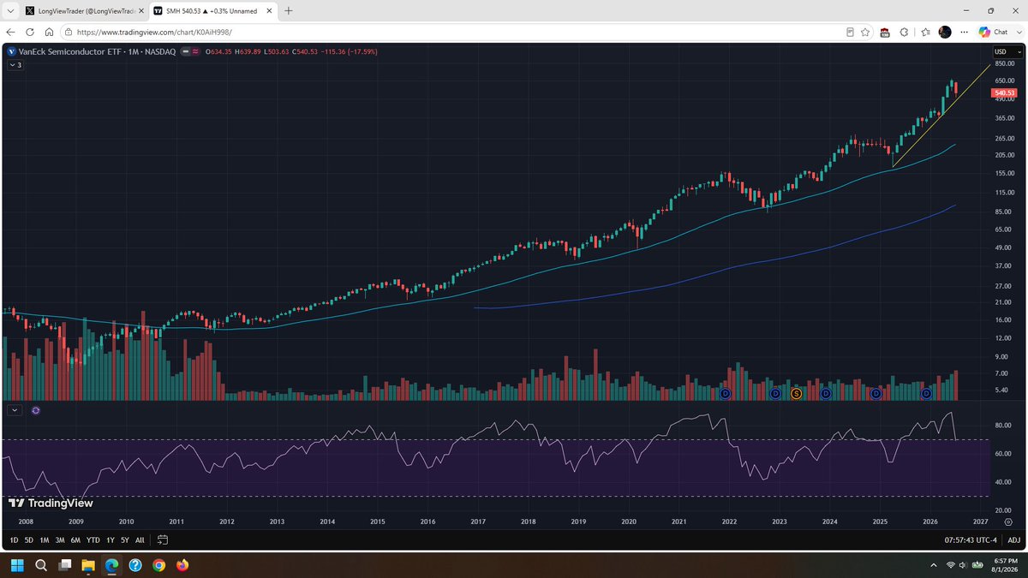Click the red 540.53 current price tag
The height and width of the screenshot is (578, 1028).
click(1004, 92)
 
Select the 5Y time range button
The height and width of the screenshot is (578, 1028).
click(124, 540)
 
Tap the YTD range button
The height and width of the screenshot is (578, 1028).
click(93, 540)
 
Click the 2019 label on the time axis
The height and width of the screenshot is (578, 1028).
click(578, 521)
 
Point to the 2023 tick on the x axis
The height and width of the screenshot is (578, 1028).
click(780, 521)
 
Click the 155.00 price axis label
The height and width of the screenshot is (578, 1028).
click(1004, 173)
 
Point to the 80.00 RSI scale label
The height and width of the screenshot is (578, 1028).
click(1003, 426)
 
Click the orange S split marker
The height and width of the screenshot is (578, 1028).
click(796, 394)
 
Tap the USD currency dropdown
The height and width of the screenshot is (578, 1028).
click(1007, 52)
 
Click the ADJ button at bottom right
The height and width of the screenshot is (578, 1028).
click(1013, 540)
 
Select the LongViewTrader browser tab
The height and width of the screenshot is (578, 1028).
click(85, 11)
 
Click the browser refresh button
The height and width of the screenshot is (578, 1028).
click(30, 33)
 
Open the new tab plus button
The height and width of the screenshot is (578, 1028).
click(288, 11)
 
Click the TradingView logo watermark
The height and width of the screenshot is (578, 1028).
click(51, 504)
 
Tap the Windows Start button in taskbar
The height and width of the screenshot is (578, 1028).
click(17, 565)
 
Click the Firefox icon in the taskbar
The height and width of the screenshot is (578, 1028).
click(182, 565)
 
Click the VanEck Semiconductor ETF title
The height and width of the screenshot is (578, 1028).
click(69, 52)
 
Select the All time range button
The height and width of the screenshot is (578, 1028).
click(140, 540)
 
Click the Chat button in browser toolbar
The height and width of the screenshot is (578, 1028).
click(994, 33)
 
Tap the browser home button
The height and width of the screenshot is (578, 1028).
click(49, 33)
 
